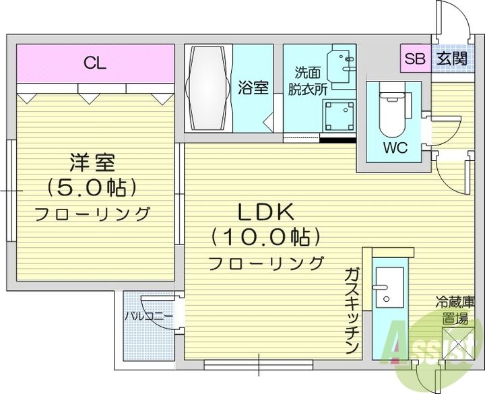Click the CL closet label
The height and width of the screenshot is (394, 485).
[x=94, y=63]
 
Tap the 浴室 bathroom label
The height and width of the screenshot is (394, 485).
[x=253, y=88]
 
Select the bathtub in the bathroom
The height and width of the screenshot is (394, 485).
[x=208, y=88]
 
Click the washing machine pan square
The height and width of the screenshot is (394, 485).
[x=338, y=115]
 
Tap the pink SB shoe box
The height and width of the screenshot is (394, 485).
[x=413, y=59]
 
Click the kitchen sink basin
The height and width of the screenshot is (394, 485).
[x=389, y=286]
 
